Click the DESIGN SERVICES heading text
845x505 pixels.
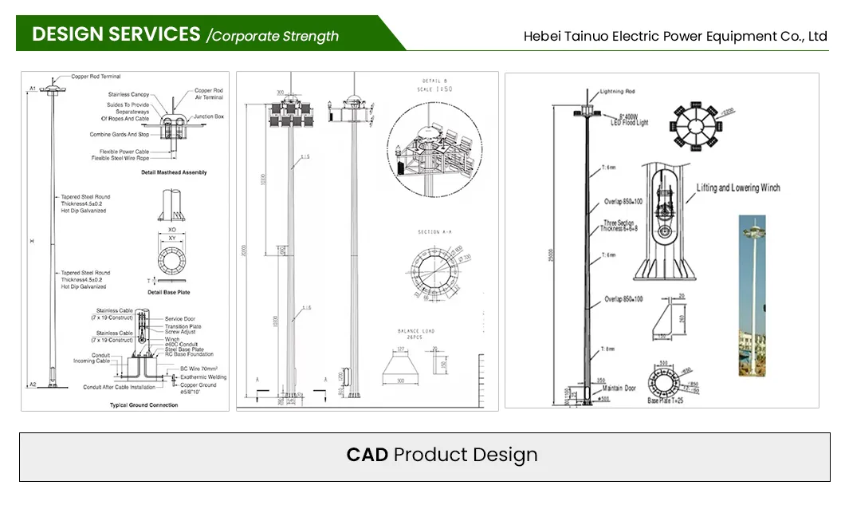pos(116,34)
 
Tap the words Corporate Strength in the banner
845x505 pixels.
pos(275,36)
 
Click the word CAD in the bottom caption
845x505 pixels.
pos(367,455)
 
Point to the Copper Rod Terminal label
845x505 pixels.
pos(96,77)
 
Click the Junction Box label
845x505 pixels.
pos(208,116)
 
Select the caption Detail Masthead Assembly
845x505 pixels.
pos(174,172)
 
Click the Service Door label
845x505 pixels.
pos(180,319)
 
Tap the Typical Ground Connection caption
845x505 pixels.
pos(144,405)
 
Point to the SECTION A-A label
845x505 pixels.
pos(435,232)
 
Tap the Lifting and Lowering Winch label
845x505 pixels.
pos(738,188)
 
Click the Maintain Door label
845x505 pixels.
pos(619,389)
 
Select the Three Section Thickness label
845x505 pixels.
pos(619,226)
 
